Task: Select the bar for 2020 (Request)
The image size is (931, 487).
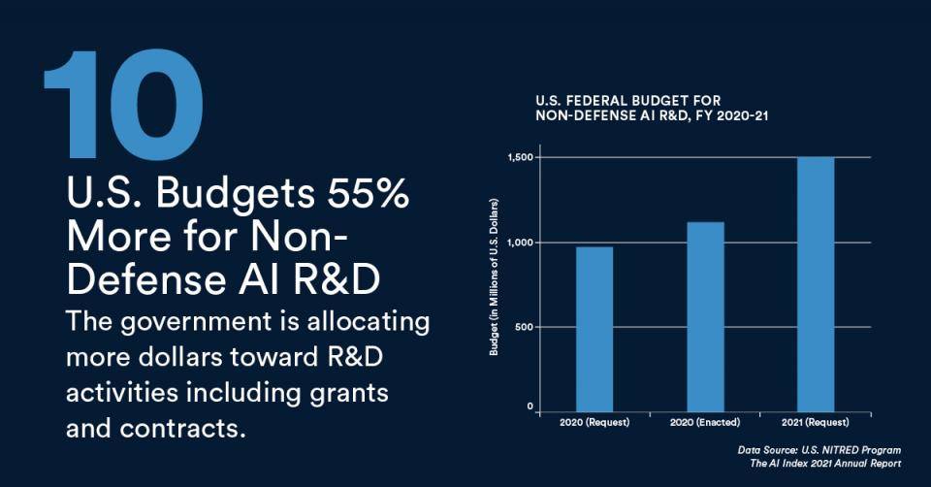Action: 594,328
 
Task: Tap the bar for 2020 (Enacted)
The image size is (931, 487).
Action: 705,315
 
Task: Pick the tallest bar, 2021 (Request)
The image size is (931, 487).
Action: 816,282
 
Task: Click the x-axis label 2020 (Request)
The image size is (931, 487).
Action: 594,423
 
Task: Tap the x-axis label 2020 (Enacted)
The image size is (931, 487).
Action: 705,423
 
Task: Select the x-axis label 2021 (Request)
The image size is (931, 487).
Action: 816,423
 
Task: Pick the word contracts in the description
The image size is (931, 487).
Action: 192,427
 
